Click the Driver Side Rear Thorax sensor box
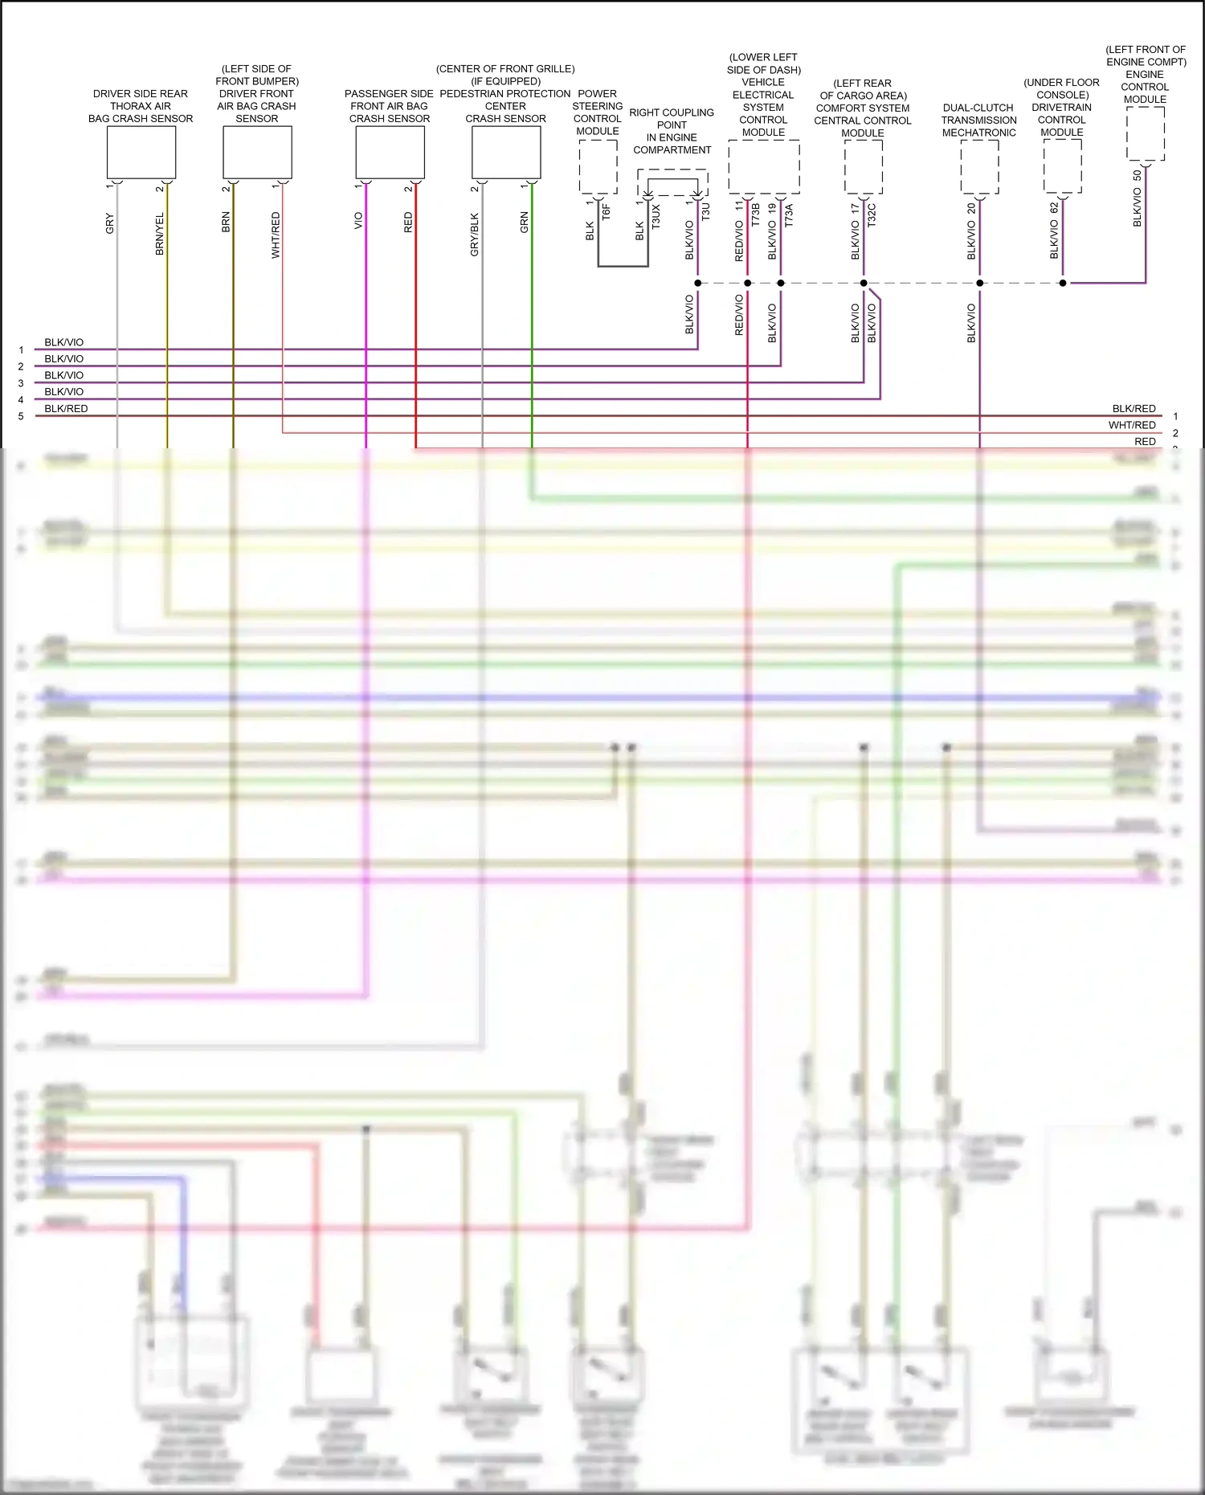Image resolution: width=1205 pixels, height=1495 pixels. click(x=141, y=153)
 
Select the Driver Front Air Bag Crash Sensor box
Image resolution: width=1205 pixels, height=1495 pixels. click(x=257, y=153)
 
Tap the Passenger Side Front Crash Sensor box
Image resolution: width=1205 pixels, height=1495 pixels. click(x=390, y=153)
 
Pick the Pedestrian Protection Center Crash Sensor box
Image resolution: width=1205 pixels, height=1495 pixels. click(x=506, y=153)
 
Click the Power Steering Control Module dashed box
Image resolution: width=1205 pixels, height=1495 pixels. click(x=598, y=167)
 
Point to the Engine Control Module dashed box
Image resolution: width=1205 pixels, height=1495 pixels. click(x=1146, y=133)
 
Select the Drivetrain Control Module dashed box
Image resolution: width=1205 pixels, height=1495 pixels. click(x=1063, y=166)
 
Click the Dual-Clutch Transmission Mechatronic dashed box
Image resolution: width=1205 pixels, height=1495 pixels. click(x=979, y=167)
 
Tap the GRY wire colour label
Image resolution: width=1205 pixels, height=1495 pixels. click(x=110, y=224)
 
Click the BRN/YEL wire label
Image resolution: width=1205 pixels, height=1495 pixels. click(x=160, y=234)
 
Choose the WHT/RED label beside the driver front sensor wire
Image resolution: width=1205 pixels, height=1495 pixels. click(x=276, y=235)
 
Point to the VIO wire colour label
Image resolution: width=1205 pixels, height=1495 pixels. click(x=359, y=221)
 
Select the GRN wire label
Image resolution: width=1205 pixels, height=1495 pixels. click(x=525, y=223)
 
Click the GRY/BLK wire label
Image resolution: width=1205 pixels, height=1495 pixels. click(x=475, y=235)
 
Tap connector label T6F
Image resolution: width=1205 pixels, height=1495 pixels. click(x=607, y=212)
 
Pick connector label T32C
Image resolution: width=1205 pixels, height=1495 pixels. click(x=872, y=214)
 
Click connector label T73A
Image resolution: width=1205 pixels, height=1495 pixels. click(x=789, y=215)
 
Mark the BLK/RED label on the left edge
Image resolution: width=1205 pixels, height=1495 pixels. click(x=66, y=408)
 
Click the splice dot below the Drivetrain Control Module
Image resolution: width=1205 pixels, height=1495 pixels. click(x=1063, y=283)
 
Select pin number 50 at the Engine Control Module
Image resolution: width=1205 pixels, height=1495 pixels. click(x=1138, y=175)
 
